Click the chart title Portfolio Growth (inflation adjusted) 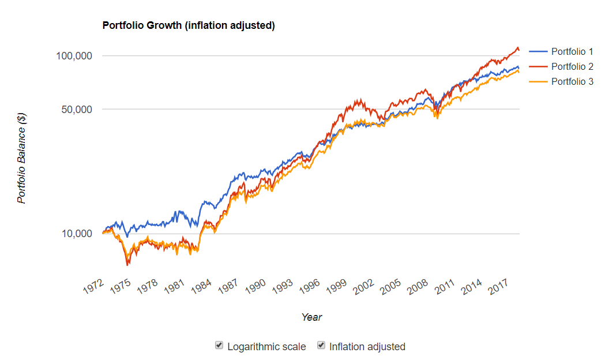click(188, 25)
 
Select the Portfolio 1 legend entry click(572, 52)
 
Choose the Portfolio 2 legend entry click(572, 66)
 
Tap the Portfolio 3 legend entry click(572, 81)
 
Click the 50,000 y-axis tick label click(75, 109)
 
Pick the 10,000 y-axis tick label click(75, 234)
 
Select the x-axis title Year click(311, 317)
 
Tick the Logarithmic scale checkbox click(219, 346)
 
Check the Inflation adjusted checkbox click(321, 346)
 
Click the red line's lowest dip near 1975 click(127, 264)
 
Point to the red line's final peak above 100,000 click(517, 47)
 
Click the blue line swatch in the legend click(538, 52)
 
